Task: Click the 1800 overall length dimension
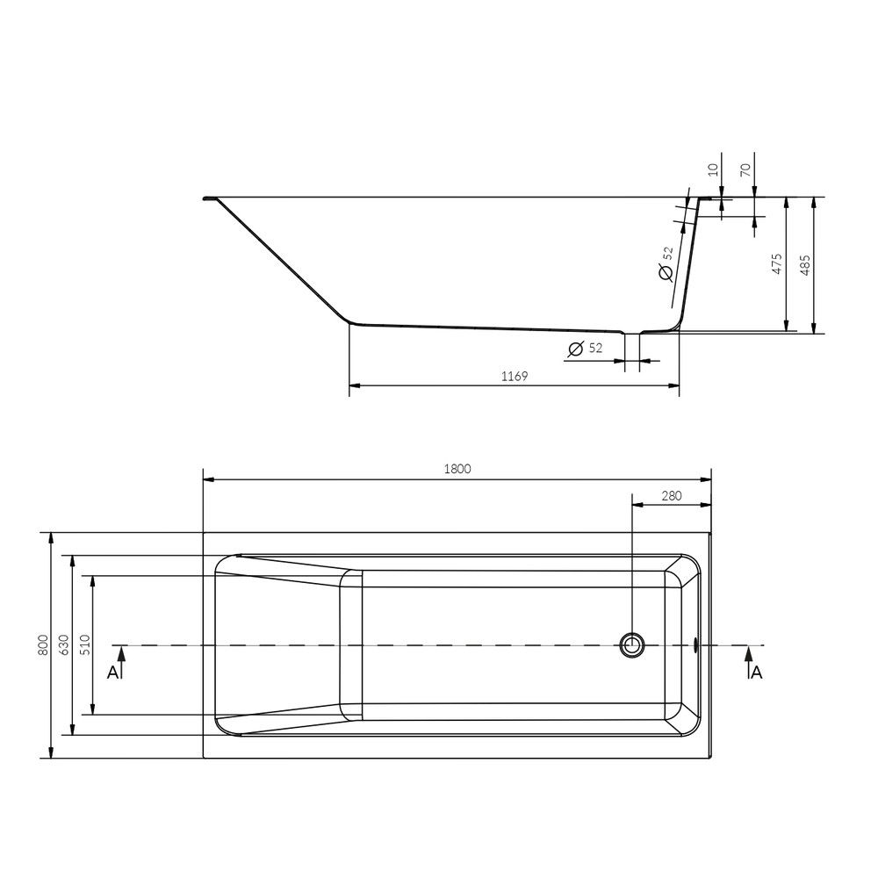tap(457, 469)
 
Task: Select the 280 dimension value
tap(671, 496)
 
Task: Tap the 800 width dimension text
tap(41, 645)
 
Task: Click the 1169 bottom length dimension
tap(514, 376)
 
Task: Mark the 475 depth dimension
tap(776, 263)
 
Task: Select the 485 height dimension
tap(805, 263)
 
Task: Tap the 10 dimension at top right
tap(713, 169)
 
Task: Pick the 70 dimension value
tap(746, 169)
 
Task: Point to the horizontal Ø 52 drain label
tap(586, 349)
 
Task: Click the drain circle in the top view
tap(631, 645)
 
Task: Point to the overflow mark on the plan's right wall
tap(696, 645)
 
